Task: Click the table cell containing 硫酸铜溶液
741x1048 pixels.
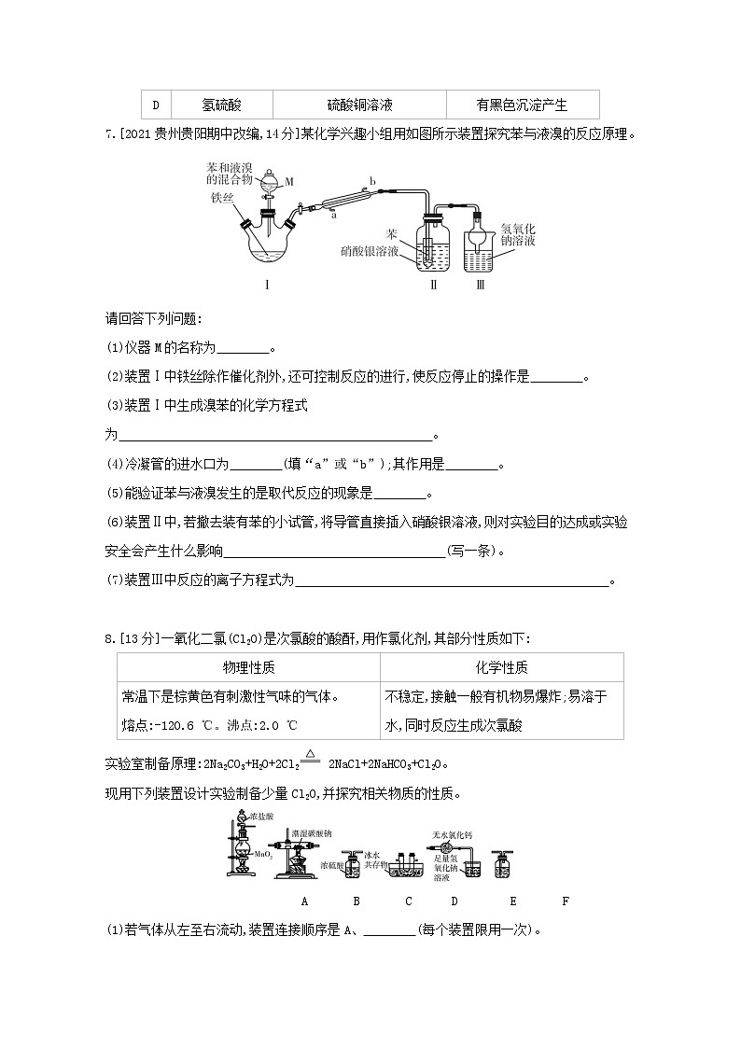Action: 359,105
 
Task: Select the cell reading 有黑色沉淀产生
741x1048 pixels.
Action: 522,105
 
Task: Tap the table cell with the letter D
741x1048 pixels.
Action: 156,105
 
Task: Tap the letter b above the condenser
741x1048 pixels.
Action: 372,180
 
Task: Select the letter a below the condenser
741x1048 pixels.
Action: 333,214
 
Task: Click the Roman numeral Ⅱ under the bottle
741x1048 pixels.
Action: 432,285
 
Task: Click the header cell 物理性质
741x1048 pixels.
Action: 248,667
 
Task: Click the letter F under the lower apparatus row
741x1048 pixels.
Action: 566,901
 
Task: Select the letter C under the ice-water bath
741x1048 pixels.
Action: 409,901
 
